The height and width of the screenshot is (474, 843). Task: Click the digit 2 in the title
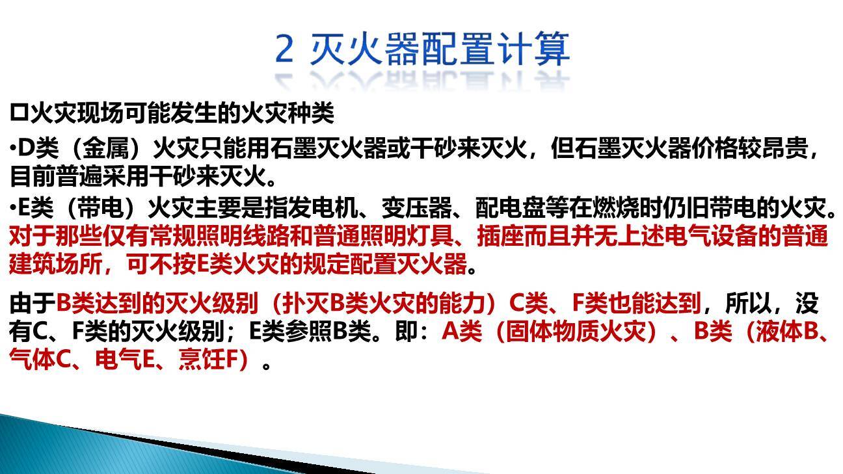point(284,49)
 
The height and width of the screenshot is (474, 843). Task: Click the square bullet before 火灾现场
point(18,114)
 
